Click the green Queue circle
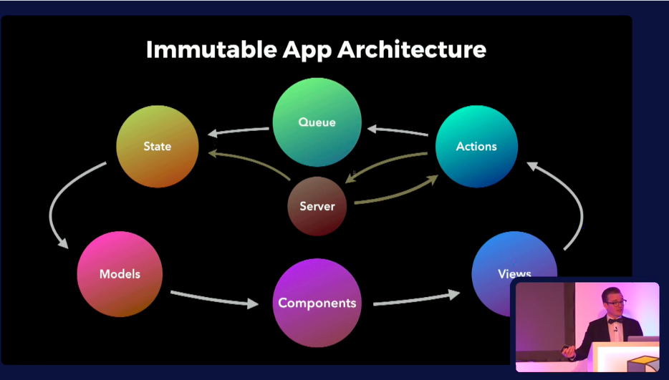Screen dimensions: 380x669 pyautogui.click(x=317, y=122)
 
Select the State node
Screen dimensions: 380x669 pyautogui.click(x=158, y=146)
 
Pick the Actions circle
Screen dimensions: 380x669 pyautogui.click(x=476, y=146)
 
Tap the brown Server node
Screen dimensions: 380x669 pyautogui.click(x=317, y=206)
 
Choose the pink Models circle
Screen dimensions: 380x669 pyautogui.click(x=120, y=274)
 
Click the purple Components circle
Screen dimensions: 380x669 pyautogui.click(x=317, y=303)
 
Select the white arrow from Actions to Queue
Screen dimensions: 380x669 pyautogui.click(x=397, y=132)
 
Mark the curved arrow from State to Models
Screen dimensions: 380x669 pyautogui.click(x=57, y=208)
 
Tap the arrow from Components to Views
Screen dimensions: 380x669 pyautogui.click(x=415, y=298)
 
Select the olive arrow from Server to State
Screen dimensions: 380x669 pyautogui.click(x=251, y=162)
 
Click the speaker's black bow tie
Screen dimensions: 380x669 pyautogui.click(x=615, y=321)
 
